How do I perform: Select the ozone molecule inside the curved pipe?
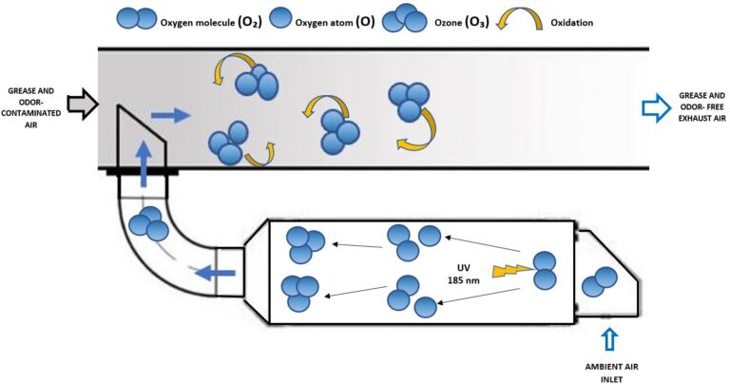(148, 223)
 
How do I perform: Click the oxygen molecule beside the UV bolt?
(545, 270)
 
